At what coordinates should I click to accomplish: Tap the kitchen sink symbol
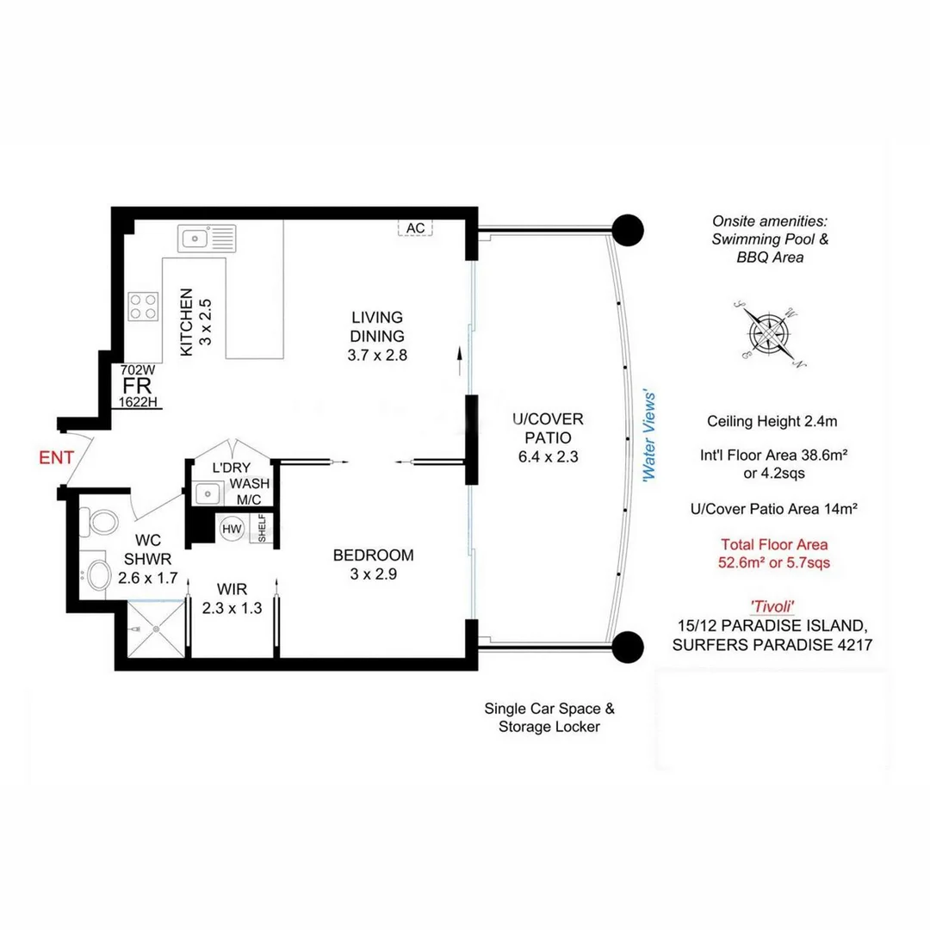tap(207, 237)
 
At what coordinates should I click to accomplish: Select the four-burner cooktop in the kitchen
tap(144, 306)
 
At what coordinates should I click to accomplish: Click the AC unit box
tap(416, 227)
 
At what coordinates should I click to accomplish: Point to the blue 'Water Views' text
tap(652, 436)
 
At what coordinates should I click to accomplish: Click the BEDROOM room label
tap(373, 555)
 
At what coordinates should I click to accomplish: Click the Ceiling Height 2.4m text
tap(772, 421)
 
